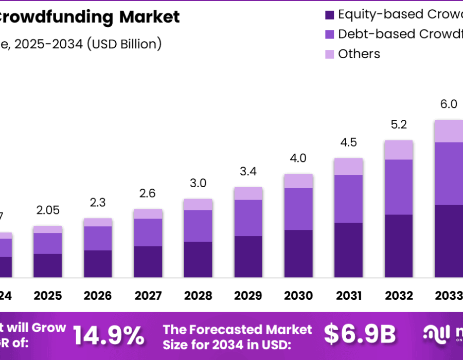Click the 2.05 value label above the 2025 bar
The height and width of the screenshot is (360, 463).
[47, 210]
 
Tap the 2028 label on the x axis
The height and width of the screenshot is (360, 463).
[198, 296]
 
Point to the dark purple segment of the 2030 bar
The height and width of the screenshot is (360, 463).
[298, 254]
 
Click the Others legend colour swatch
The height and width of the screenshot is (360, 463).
[330, 54]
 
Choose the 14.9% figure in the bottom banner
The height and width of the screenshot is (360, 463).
[109, 335]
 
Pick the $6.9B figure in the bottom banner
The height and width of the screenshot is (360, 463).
[360, 335]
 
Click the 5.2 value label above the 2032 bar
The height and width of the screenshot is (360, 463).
[399, 124]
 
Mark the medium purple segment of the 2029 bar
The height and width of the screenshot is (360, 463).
[248, 218]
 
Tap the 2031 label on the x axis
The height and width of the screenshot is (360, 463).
[349, 296]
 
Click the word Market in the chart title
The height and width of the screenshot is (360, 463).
[150, 17]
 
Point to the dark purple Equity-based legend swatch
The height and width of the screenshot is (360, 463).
[330, 14]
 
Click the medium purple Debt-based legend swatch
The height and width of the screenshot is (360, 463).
[330, 34]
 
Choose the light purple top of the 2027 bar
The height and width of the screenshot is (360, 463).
[148, 214]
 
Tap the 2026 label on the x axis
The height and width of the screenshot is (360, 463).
[98, 296]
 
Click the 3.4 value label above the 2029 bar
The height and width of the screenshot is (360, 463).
[248, 171]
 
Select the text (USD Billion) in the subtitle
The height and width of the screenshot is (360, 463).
[124, 44]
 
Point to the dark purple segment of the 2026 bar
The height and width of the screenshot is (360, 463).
[98, 264]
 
